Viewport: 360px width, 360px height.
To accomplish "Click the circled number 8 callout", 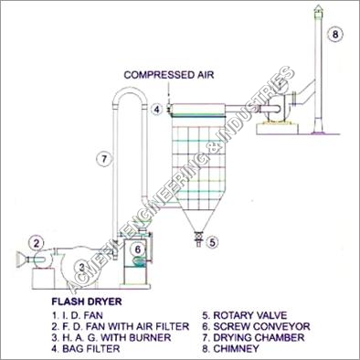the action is pyautogui.click(x=335, y=34).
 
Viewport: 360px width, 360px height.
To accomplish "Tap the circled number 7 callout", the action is pyautogui.click(x=104, y=159).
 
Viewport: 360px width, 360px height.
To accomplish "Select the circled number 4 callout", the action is pyautogui.click(x=156, y=109).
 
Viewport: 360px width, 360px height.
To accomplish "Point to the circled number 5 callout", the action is pyautogui.click(x=212, y=242).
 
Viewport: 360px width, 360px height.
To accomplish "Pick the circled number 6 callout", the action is pyautogui.click(x=138, y=249).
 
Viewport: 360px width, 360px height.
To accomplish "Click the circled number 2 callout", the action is pyautogui.click(x=37, y=243).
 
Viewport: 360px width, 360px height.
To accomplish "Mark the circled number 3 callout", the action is pyautogui.click(x=81, y=268).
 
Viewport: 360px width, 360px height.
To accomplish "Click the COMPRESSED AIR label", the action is pyautogui.click(x=169, y=75).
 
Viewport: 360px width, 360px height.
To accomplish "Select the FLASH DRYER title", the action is pyautogui.click(x=87, y=302).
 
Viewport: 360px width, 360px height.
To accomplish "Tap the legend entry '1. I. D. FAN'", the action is pyautogui.click(x=78, y=315).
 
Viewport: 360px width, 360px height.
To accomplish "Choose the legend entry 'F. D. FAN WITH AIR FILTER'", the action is pyautogui.click(x=126, y=326).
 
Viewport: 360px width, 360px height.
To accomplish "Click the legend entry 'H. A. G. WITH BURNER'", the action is pyautogui.click(x=117, y=337).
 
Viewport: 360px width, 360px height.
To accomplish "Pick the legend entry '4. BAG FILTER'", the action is pyautogui.click(x=86, y=348).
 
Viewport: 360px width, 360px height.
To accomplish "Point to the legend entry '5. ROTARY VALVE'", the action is pyautogui.click(x=245, y=315).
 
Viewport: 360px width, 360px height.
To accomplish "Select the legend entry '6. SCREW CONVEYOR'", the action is pyautogui.click(x=256, y=326).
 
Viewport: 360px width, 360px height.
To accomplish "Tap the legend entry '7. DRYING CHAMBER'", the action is pyautogui.click(x=253, y=337).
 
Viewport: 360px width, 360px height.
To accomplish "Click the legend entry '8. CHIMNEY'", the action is pyautogui.click(x=231, y=348).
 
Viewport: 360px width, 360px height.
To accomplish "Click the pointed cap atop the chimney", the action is pyautogui.click(x=319, y=9).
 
